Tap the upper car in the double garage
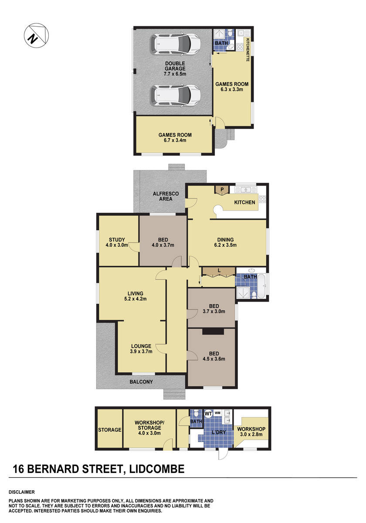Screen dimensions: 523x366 [x=176, y=43]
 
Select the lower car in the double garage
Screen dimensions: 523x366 [x=176, y=95]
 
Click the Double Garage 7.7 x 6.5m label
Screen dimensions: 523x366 [x=175, y=69]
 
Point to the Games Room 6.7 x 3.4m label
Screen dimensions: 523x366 [x=175, y=138]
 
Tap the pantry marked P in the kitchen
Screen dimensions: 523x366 [x=222, y=190]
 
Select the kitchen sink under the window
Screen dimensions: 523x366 [x=247, y=190]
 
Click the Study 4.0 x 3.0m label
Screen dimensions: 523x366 [x=117, y=242]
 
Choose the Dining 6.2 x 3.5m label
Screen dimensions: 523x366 [x=226, y=242]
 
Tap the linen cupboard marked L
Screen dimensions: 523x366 [x=219, y=272]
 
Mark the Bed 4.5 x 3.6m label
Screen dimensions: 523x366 [x=210, y=356]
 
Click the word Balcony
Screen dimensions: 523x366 [x=141, y=382]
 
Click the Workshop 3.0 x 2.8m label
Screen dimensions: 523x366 [x=251, y=432]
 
